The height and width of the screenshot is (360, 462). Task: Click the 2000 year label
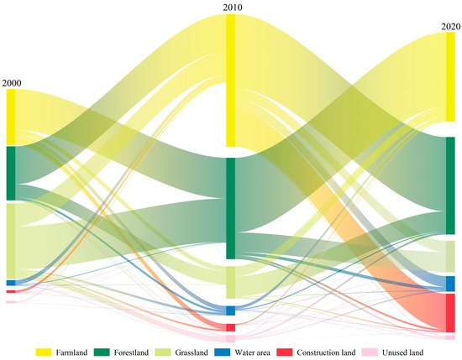point(12,82)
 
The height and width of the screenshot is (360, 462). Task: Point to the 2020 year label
point(450,27)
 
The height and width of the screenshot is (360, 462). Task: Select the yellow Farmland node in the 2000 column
point(11,117)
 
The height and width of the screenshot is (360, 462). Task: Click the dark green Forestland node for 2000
point(11,174)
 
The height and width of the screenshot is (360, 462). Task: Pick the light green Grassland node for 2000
point(11,240)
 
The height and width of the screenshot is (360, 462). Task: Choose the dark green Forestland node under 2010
point(231,208)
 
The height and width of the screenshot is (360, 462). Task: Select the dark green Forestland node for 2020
point(450,185)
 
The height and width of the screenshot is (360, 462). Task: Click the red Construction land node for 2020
point(450,312)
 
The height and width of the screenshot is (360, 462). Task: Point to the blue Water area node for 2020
point(450,284)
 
